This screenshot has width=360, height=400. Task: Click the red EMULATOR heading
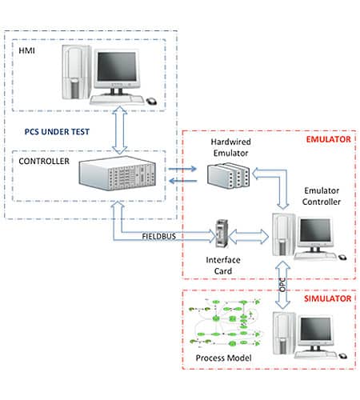(329, 140)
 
